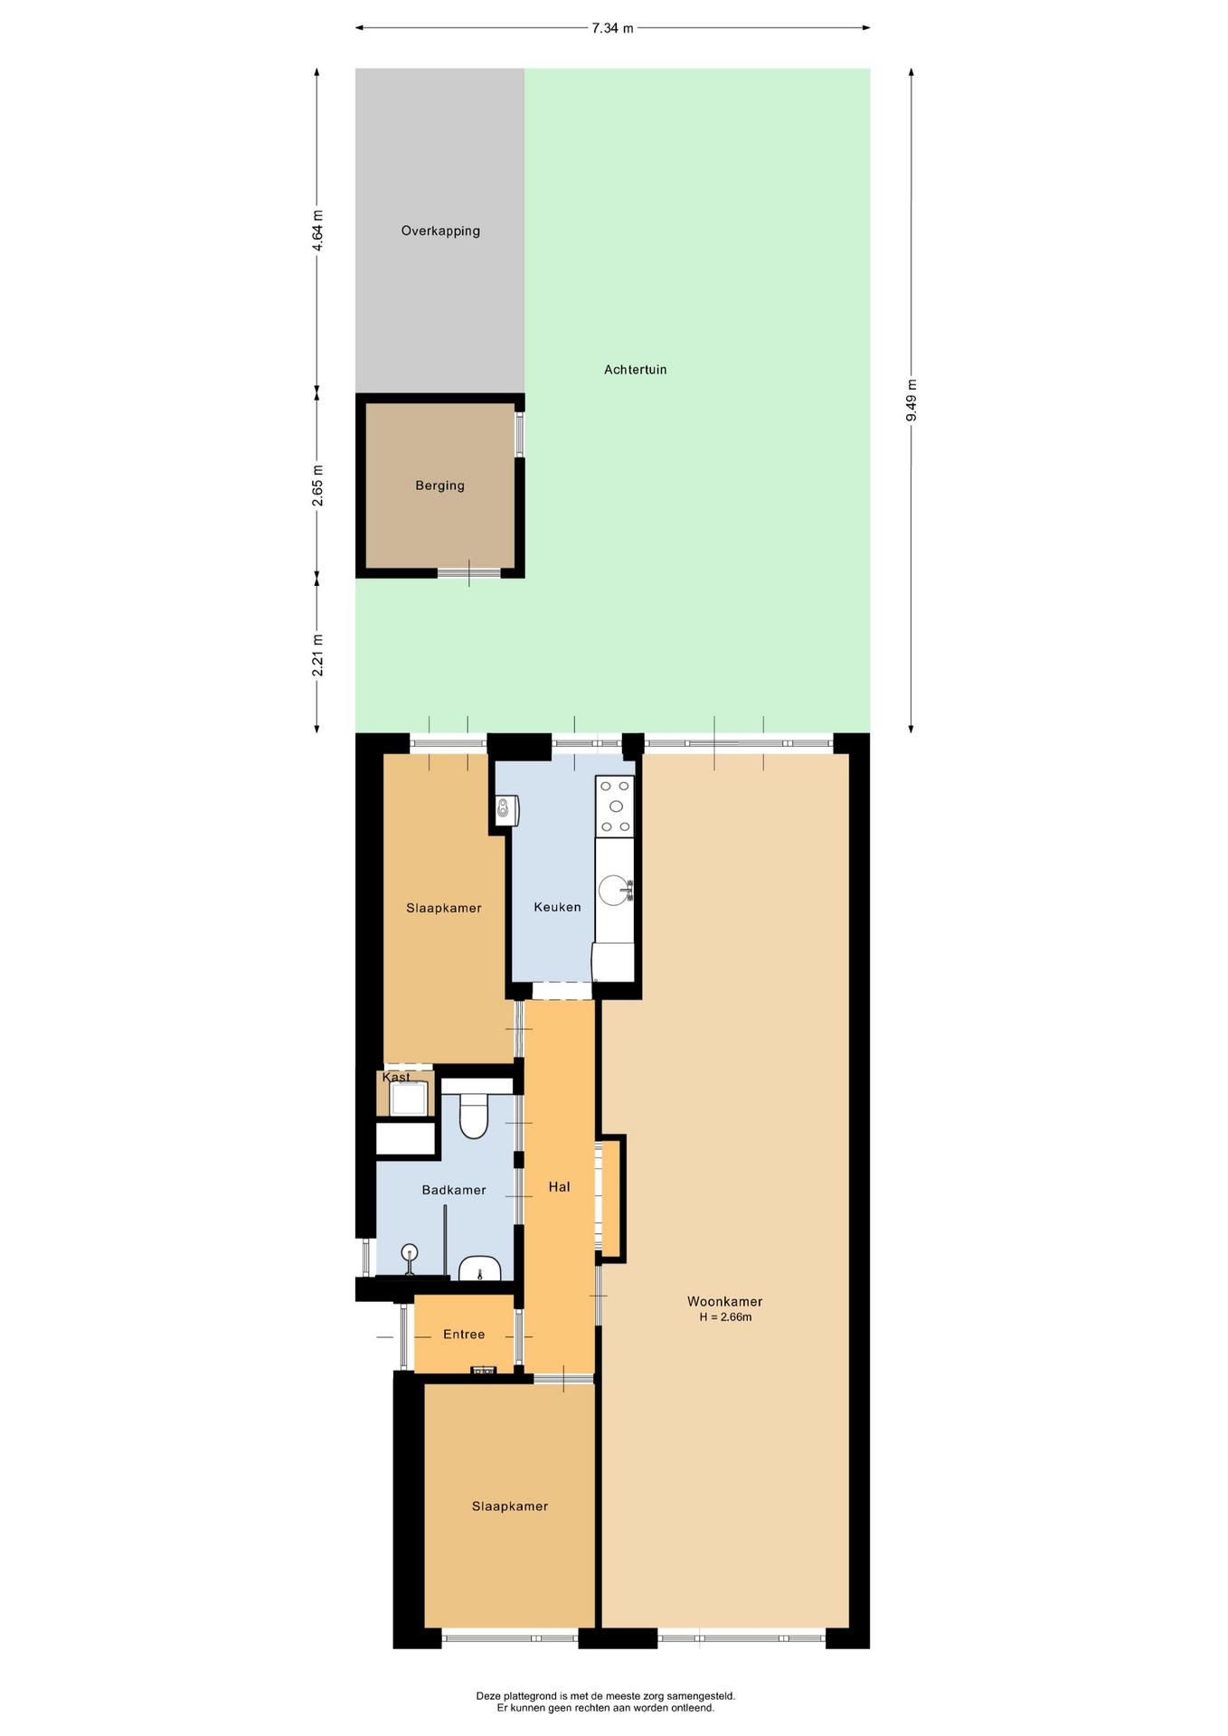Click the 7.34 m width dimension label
click(612, 28)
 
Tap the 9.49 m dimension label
click(912, 400)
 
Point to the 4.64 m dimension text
click(317, 231)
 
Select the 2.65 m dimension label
click(317, 486)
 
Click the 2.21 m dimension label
click(317, 655)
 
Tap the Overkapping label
click(440, 231)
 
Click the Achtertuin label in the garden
click(636, 369)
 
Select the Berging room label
click(440, 486)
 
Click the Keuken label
click(557, 907)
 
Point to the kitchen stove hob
click(615, 806)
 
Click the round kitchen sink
click(615, 890)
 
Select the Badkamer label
click(454, 1190)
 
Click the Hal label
click(560, 1187)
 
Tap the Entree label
click(464, 1335)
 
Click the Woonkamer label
click(725, 1302)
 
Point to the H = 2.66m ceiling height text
click(725, 1317)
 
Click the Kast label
click(396, 1078)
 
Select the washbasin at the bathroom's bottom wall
click(480, 1269)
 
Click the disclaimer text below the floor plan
click(606, 1702)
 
